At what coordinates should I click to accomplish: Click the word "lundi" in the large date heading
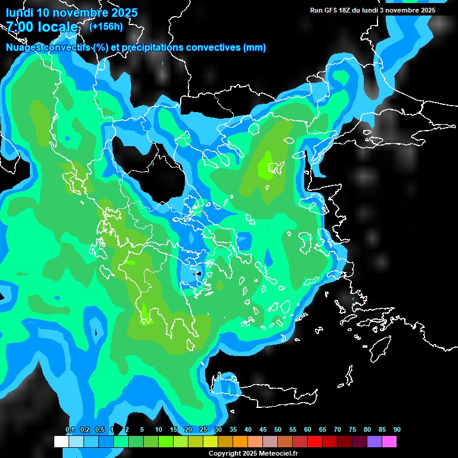pyautogui.click(x=20, y=13)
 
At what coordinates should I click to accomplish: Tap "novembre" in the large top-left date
pyautogui.click(x=79, y=13)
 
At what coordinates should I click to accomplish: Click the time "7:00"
pyautogui.click(x=20, y=27)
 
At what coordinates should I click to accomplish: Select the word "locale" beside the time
pyautogui.click(x=57, y=27)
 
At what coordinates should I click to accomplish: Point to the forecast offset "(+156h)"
pyautogui.click(x=106, y=26)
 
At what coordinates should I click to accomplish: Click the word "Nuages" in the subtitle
pyautogui.click(x=24, y=48)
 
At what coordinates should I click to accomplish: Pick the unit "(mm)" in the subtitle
pyautogui.click(x=255, y=48)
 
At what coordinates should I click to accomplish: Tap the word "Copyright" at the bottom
pyautogui.click(x=224, y=454)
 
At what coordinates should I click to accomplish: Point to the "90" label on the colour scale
pyautogui.click(x=397, y=429)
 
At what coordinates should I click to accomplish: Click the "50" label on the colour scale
pyautogui.click(x=278, y=429)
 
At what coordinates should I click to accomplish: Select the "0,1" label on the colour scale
pyautogui.click(x=70, y=429)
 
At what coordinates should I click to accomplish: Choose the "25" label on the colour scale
pyautogui.click(x=203, y=429)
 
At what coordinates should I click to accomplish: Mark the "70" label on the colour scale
pyautogui.click(x=338, y=429)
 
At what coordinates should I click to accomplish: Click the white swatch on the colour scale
pyautogui.click(x=61, y=442)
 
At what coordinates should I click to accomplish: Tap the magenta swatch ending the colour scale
pyautogui.click(x=389, y=442)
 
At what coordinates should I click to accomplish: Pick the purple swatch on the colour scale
pyautogui.click(x=374, y=442)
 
